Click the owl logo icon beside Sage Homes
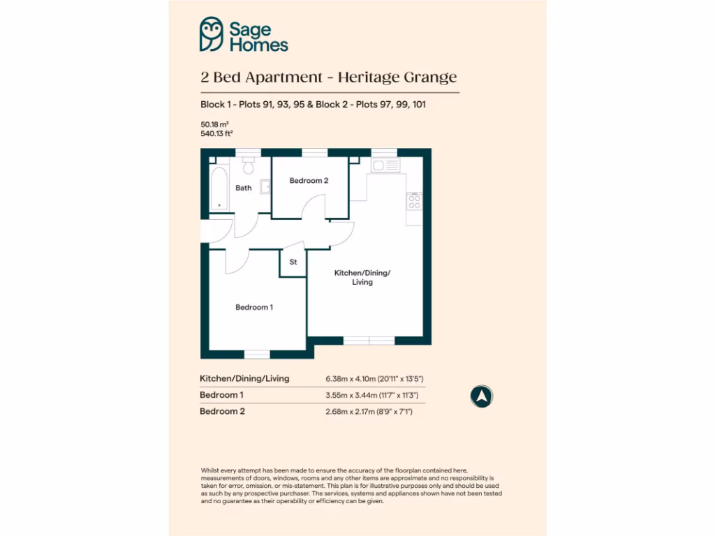211,35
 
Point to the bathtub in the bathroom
219,188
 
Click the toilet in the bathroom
248,165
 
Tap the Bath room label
244,188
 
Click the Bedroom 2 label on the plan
309,181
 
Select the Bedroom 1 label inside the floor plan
254,308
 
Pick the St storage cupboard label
293,262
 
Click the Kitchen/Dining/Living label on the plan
362,277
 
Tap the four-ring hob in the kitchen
415,202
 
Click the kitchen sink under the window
385,165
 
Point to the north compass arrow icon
482,396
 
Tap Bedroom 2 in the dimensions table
223,411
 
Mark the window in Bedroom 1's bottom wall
257,354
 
